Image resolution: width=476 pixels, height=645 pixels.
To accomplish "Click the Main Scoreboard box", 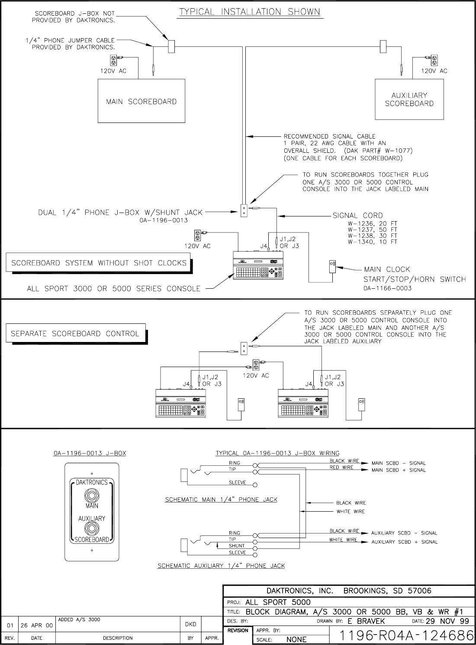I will tap(141, 101).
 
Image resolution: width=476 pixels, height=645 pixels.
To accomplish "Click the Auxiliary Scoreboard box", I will tap(409, 99).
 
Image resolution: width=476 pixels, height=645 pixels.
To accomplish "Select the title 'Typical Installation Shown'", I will tap(250, 12).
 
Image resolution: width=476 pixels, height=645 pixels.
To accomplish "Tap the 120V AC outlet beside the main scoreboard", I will tap(114, 60).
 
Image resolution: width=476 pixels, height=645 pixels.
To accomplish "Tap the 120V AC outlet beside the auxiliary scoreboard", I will tap(434, 60).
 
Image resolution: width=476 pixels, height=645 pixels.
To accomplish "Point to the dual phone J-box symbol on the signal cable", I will tap(244, 210).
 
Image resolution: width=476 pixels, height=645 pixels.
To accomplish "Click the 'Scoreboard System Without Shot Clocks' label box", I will tap(99, 263).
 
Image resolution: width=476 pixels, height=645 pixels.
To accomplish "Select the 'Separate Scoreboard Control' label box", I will tap(75, 334).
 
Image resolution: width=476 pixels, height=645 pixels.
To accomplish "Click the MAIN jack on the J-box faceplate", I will tap(92, 494).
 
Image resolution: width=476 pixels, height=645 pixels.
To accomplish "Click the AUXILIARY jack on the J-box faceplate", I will tap(92, 528).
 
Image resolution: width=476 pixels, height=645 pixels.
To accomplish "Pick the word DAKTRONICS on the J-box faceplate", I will tap(92, 482).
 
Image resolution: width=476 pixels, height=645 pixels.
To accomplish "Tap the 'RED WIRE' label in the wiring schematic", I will tap(341, 468).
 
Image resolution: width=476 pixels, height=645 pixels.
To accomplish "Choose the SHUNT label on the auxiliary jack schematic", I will tap(237, 546).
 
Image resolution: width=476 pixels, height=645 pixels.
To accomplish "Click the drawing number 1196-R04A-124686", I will tap(406, 635).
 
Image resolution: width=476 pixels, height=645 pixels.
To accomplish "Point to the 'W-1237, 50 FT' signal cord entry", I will tap(372, 230).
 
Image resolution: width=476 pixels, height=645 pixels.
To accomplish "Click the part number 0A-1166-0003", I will tap(387, 288).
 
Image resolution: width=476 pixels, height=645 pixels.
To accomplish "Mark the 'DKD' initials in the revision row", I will tap(190, 624).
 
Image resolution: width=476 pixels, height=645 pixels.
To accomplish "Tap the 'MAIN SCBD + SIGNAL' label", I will tap(399, 470).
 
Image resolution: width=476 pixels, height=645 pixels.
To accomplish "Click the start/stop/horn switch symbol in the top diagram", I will tap(332, 266).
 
